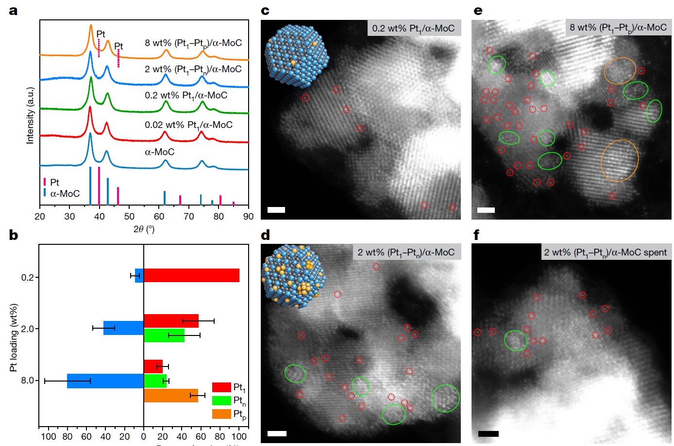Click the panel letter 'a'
[13, 11]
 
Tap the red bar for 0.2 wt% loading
[191, 275]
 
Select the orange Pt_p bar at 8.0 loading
[170, 396]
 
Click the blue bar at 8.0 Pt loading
[105, 381]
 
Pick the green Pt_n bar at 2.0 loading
[164, 335]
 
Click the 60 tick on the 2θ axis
[159, 216]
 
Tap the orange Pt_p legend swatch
[221, 414]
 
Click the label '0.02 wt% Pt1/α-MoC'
[188, 125]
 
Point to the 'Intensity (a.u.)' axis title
[30, 115]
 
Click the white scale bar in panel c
[276, 210]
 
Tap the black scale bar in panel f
[488, 433]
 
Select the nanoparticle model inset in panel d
[293, 276]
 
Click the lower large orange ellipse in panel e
[620, 160]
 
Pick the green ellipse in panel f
[516, 340]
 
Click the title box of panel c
[413, 28]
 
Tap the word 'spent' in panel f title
[655, 252]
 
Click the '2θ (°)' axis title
[144, 229]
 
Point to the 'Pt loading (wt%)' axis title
[13, 338]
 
